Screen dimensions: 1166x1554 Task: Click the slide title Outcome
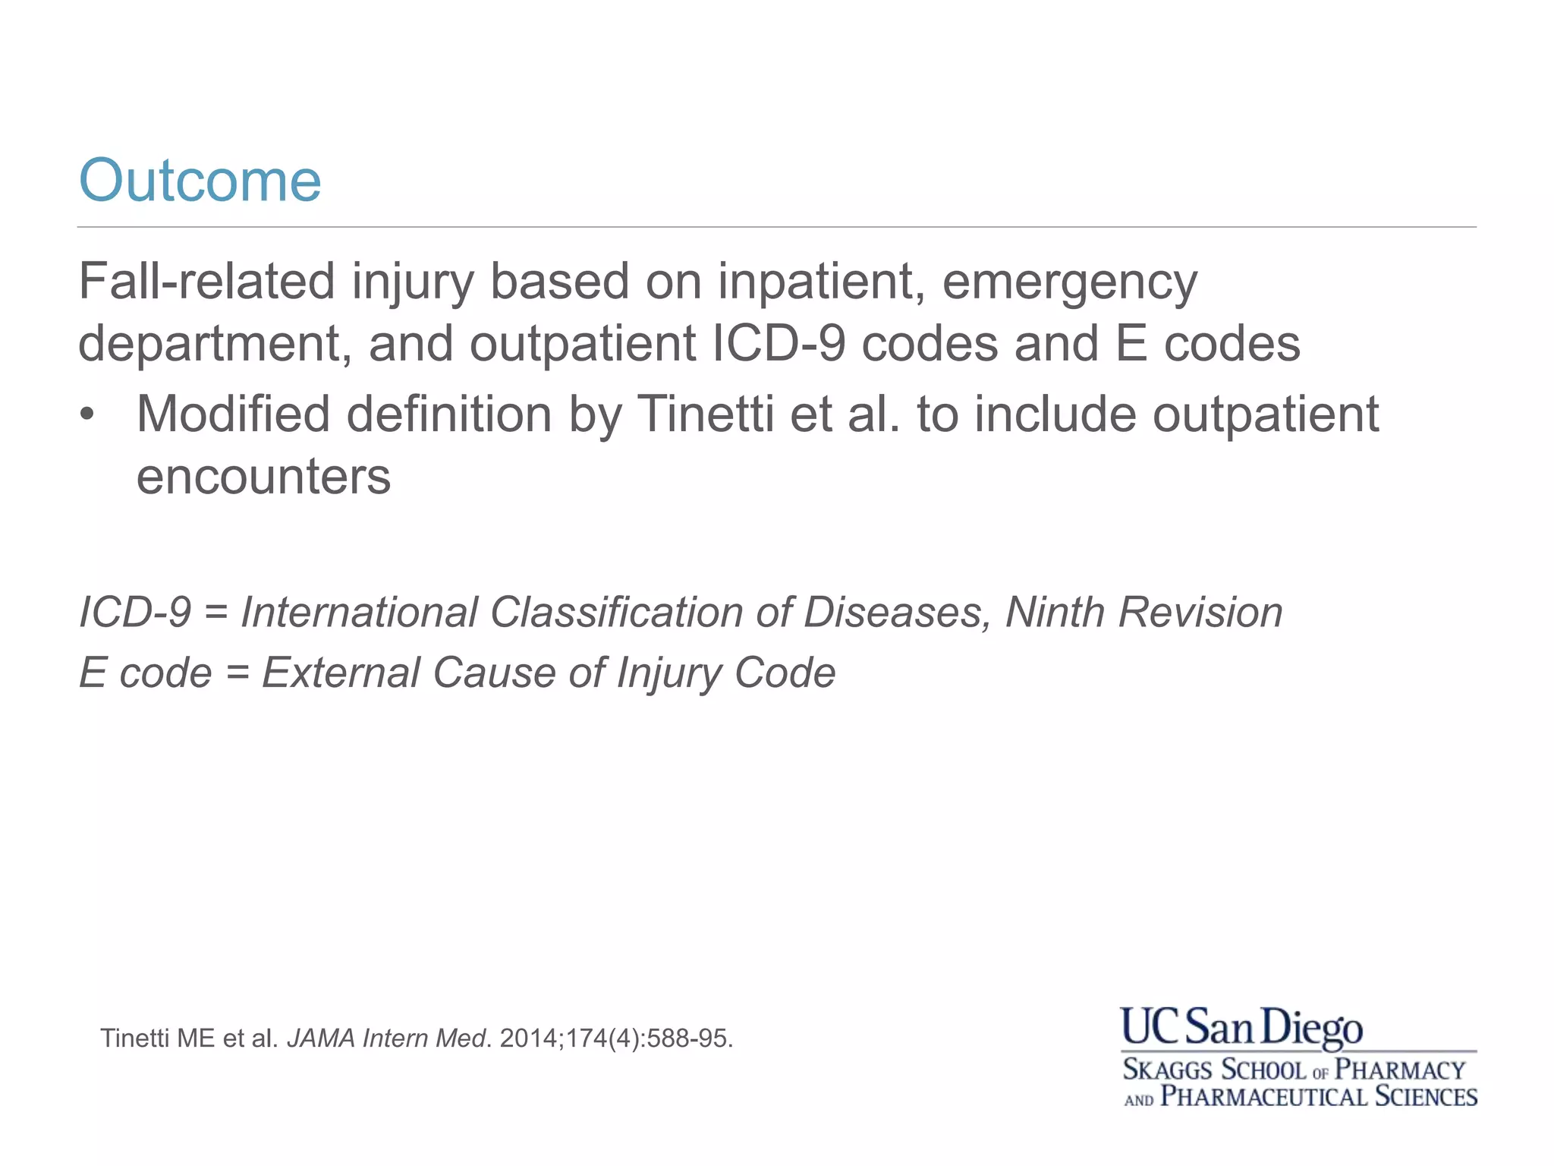pos(200,181)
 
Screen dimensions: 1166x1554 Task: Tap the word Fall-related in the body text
pos(206,282)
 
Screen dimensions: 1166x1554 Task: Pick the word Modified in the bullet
pos(233,414)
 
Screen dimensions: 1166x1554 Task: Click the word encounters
pos(263,477)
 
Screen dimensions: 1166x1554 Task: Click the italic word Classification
pos(615,612)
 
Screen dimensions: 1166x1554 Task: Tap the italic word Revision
pos(1200,612)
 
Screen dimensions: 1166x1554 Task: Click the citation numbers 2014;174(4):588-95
pos(616,1038)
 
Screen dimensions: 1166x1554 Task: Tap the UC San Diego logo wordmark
pos(1241,1027)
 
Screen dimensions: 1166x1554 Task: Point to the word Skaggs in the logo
pos(1167,1070)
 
